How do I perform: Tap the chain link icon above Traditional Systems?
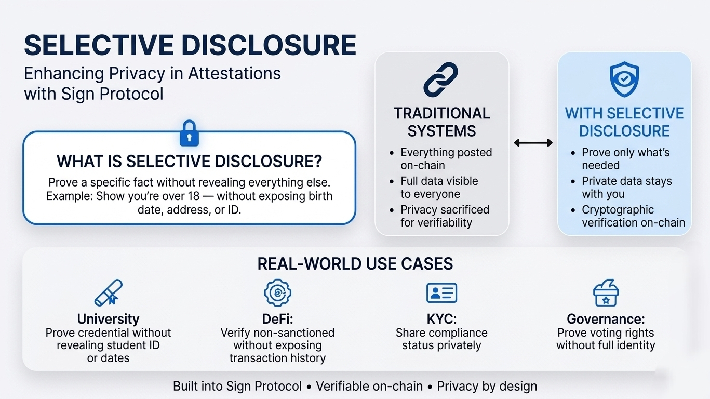click(440, 79)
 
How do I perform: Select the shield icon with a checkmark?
click(624, 79)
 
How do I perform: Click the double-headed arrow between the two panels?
click(533, 142)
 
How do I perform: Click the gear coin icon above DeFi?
click(277, 292)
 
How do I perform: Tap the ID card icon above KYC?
click(441, 293)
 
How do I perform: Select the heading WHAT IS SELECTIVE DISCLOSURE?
click(189, 162)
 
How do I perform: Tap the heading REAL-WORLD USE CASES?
click(355, 264)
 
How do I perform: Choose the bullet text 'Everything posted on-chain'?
click(446, 159)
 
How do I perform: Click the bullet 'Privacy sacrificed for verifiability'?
click(445, 216)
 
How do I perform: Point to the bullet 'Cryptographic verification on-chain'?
click(633, 216)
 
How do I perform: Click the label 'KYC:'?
click(441, 319)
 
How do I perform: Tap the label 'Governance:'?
click(606, 319)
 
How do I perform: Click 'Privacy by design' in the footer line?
click(487, 387)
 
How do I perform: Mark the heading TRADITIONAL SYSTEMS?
click(441, 122)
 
